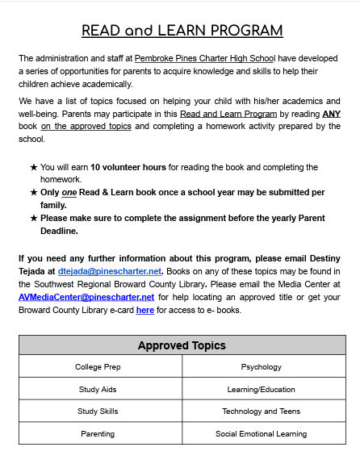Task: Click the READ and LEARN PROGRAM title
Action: tap(182, 31)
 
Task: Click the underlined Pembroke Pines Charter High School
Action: tap(205, 59)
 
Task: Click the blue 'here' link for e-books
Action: tap(144, 310)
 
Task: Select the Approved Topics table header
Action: tap(182, 345)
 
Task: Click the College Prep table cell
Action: tap(98, 367)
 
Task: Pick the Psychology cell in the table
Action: tap(262, 367)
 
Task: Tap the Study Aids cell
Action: tap(98, 389)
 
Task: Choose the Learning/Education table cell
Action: tap(262, 389)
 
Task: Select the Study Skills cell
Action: tap(98, 411)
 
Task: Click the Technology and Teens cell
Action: tap(262, 411)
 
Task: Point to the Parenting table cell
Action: tap(98, 433)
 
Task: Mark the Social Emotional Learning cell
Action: tap(262, 433)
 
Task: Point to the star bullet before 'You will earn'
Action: tap(33, 167)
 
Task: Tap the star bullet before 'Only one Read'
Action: tap(33, 193)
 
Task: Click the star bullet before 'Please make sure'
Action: tap(33, 218)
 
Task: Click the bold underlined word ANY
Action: tap(331, 114)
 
